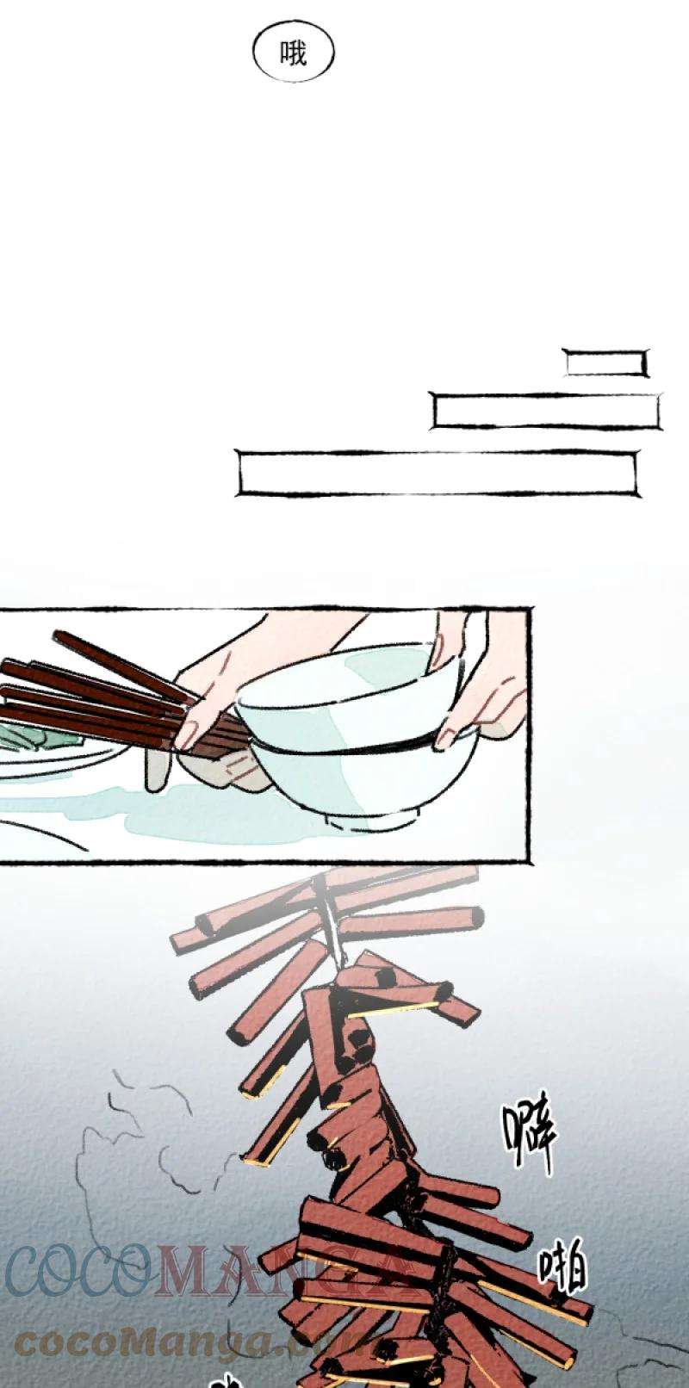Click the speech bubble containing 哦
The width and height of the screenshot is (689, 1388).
point(293,53)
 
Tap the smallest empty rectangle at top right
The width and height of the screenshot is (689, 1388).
point(605,363)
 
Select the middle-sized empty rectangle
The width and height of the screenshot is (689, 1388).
point(546,412)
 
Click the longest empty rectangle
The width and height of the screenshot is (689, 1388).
point(437,473)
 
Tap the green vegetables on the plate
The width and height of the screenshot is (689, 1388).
point(34,736)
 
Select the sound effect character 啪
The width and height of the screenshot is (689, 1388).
point(564,1266)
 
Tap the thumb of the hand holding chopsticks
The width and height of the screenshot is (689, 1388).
point(157,771)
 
